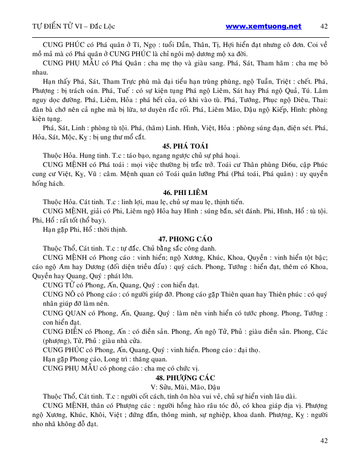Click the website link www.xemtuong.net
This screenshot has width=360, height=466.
[x=263, y=27]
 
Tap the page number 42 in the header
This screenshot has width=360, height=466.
[x=324, y=27]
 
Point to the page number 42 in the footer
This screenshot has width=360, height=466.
[x=324, y=441]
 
